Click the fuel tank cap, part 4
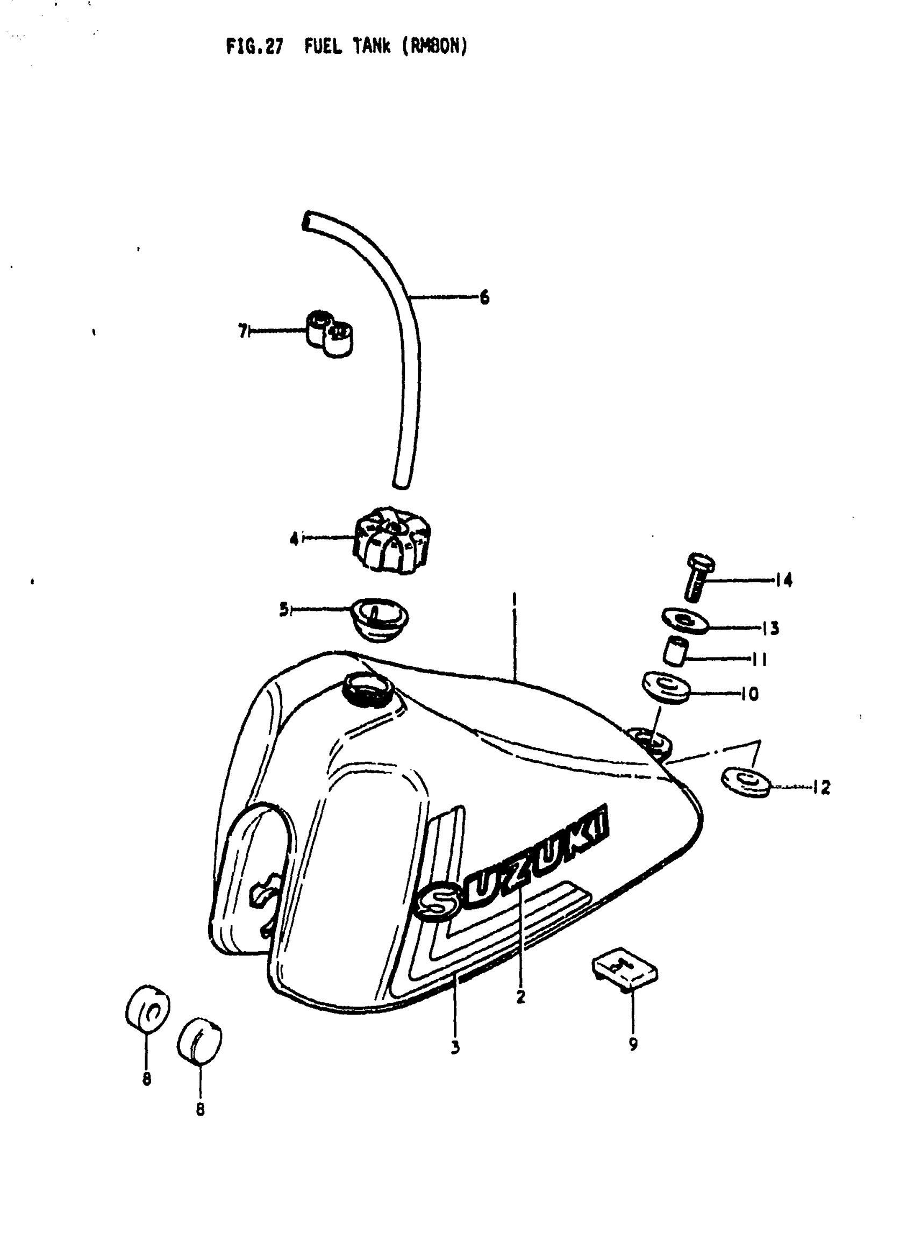391,539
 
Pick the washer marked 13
685,622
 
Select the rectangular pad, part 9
625,970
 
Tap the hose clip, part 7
330,333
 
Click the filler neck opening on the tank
368,690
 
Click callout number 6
484,298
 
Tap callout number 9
633,1044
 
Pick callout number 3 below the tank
455,1047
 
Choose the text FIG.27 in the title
254,47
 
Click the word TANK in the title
372,47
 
